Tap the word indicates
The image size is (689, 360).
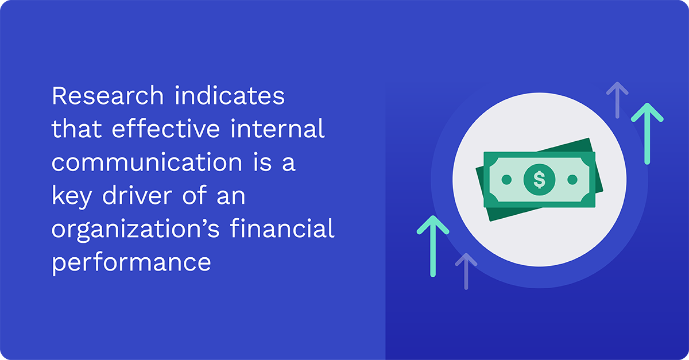pos(230,96)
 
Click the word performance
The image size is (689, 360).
pos(131,264)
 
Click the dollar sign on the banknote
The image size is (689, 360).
pos(539,180)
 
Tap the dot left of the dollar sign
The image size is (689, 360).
pos(506,180)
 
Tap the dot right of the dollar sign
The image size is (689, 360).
pos(572,180)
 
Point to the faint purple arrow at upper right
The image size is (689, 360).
pos(617,99)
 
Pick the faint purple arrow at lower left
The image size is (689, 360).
pos(466,270)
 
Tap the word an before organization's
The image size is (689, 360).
pos(230,197)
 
